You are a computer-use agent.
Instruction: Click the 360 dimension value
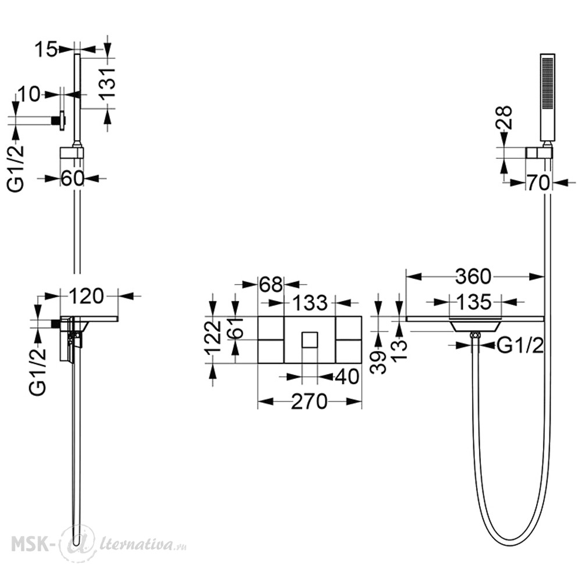pos(473,276)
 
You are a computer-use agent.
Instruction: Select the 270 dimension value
pos(309,401)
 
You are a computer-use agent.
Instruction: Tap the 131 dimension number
pos(108,83)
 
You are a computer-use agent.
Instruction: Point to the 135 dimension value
pos(474,302)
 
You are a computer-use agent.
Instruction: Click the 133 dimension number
pos(310,303)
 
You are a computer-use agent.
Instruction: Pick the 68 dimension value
pos(271,285)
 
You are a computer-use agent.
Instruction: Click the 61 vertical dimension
pos(235,328)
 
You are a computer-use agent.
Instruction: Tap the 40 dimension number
pos(347,377)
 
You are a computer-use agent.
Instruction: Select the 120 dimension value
pos(86,296)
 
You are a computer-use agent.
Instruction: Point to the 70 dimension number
pos(538,183)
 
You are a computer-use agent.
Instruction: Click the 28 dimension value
pos(503,118)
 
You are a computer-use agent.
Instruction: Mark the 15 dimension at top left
pos(47,49)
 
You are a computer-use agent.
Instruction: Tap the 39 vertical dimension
pos(378,362)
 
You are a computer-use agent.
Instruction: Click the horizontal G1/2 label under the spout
pos(520,346)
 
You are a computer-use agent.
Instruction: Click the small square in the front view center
pos(310,340)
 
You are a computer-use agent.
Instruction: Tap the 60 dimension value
pos(72,179)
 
